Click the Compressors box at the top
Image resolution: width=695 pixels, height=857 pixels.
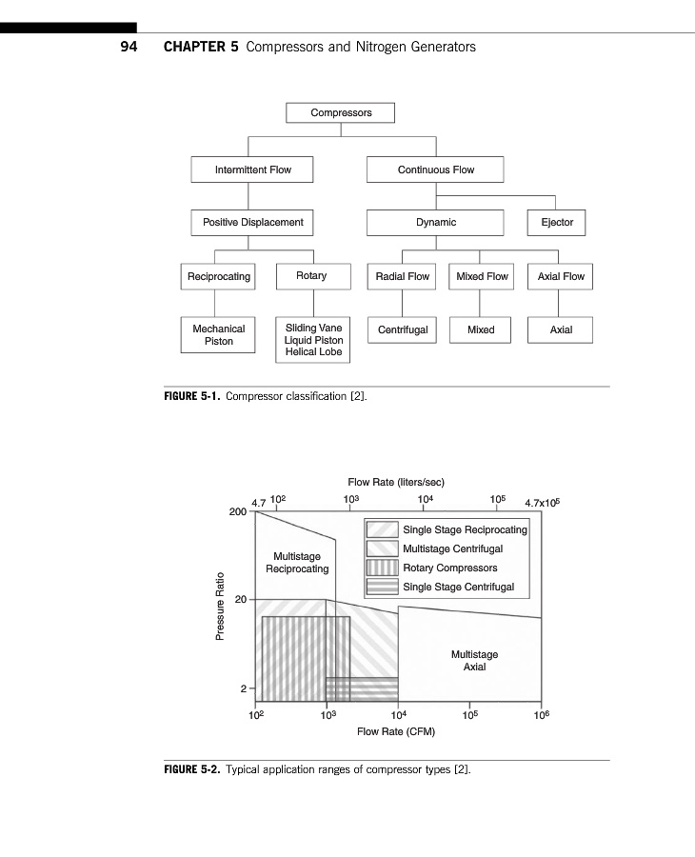pos(341,112)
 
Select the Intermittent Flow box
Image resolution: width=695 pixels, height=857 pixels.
pos(252,169)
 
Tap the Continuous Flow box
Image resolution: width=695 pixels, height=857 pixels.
pos(435,169)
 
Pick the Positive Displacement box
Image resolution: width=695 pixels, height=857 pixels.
pos(252,222)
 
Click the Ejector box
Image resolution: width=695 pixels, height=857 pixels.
pos(557,222)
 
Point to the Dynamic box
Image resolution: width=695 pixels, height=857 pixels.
pos(435,222)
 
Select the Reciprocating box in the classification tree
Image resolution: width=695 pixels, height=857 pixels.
pos(218,276)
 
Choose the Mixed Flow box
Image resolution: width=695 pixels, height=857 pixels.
pos(482,276)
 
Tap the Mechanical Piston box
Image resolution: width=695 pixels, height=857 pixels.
pos(218,334)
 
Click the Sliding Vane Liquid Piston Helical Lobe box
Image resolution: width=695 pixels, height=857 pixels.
pos(313,340)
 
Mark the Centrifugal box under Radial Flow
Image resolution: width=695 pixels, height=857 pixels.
pos(403,329)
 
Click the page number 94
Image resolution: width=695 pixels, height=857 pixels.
pos(129,47)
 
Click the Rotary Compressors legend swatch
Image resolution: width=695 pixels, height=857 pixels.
pos(383,568)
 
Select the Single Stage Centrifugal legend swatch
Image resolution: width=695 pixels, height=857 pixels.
pos(383,588)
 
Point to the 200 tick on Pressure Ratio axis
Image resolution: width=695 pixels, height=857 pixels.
pos(238,511)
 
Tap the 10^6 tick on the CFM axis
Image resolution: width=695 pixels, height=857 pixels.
pos(542,714)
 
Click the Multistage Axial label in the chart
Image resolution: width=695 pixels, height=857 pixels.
pos(474,661)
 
